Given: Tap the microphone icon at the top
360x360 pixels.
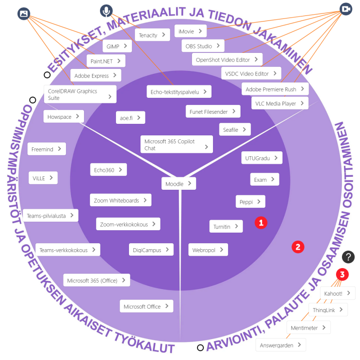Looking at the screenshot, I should point(105,10).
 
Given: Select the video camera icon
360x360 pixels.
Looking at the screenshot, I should point(346,9).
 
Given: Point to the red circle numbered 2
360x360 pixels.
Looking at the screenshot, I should point(298,246).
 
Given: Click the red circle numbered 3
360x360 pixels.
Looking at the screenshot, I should point(342,274).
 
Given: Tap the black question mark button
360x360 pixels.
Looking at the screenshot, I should point(348,257).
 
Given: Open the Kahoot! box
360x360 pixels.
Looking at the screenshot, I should point(337,293).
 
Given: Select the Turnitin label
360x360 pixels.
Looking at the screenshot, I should point(225,226).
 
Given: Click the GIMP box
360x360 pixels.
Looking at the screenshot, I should point(117,46).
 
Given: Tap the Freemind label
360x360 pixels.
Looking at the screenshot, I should point(46,149).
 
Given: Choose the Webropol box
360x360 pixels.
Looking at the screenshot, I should point(207,249).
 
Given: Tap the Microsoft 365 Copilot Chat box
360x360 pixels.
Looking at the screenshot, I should point(176,144).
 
